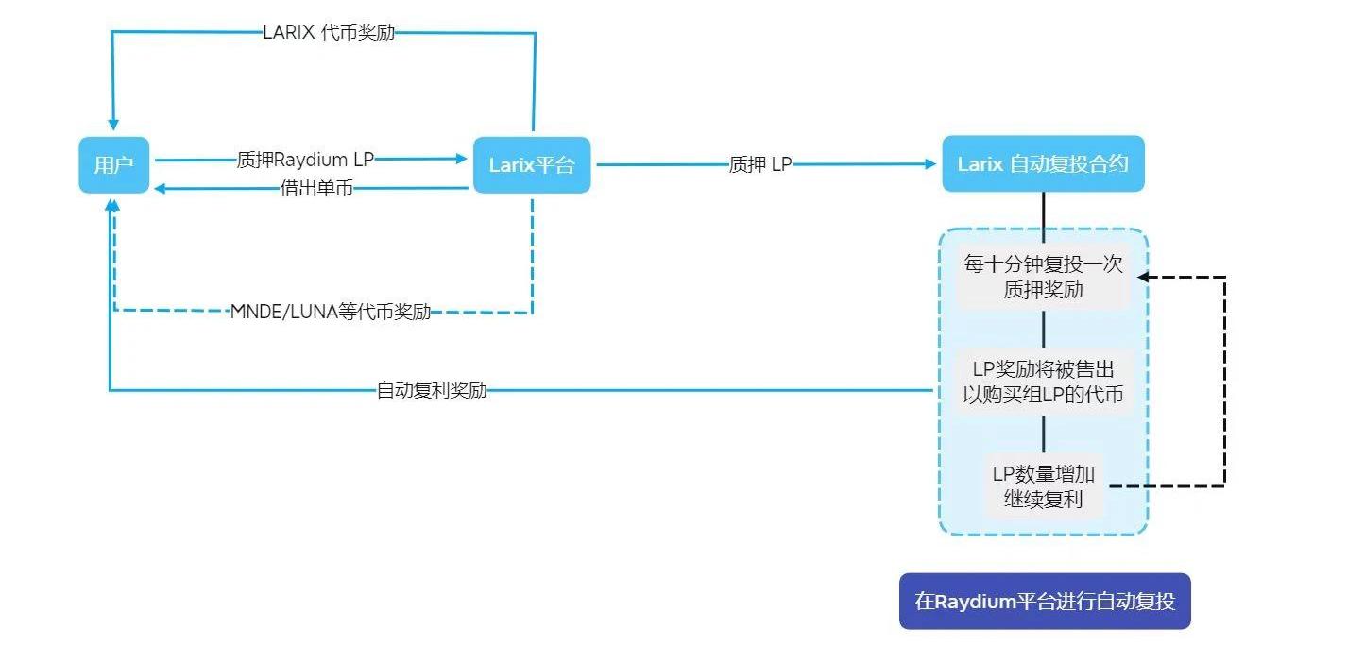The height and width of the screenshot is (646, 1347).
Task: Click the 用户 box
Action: [113, 164]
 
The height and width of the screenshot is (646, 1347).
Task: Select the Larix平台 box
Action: [531, 164]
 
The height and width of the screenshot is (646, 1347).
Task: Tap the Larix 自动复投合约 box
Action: [1043, 163]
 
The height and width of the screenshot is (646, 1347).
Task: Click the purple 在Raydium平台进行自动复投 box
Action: [1045, 601]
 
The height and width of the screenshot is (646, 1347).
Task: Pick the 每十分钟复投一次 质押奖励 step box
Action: [1043, 277]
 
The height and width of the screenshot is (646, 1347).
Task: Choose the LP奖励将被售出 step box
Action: [1043, 382]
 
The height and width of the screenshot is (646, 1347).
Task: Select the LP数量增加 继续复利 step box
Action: [1043, 485]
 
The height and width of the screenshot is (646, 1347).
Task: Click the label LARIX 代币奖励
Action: [329, 32]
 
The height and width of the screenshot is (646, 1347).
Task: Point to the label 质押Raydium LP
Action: [305, 160]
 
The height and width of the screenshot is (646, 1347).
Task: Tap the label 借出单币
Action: [316, 189]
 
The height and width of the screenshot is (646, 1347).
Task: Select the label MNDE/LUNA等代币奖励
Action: [331, 312]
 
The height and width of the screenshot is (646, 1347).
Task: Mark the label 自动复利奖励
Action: [432, 389]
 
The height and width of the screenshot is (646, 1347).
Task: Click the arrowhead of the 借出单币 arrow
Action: [162, 189]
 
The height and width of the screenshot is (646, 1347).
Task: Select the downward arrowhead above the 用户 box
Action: [113, 124]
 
